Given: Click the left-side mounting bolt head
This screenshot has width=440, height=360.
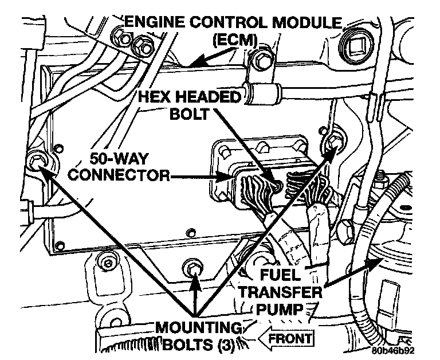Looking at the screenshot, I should [37, 163].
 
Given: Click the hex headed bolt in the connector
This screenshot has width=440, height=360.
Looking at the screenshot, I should [276, 185].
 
